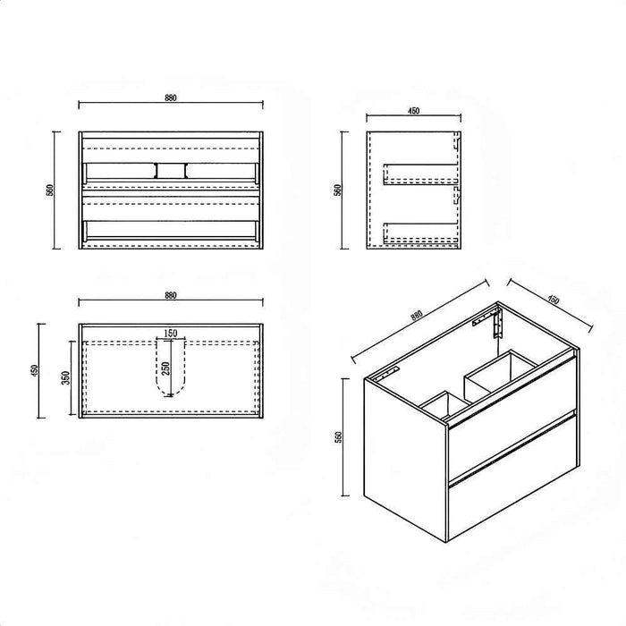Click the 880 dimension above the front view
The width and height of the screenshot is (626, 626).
point(171,97)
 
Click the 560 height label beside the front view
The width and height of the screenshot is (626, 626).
point(50,190)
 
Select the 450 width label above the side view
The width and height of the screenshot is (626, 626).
point(413,111)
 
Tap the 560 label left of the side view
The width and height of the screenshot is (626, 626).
point(338,190)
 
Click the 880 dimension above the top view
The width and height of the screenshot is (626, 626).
point(171,295)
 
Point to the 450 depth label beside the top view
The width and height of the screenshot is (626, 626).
point(34,370)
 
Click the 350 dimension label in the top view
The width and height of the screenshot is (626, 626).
point(66,377)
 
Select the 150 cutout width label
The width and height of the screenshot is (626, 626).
point(171,333)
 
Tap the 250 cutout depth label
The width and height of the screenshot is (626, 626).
point(166,368)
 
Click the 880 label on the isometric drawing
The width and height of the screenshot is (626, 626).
point(417,316)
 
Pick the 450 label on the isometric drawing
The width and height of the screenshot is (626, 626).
point(554,300)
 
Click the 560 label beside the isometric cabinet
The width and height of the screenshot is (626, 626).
point(339,437)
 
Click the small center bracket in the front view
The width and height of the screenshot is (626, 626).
point(171,171)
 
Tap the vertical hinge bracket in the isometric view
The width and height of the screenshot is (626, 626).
point(496,324)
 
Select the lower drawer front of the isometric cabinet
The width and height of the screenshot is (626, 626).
point(512,476)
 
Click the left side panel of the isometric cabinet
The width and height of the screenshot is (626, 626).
point(405,459)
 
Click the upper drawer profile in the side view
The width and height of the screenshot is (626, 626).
point(420,174)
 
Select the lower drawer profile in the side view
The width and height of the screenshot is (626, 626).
point(420,233)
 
